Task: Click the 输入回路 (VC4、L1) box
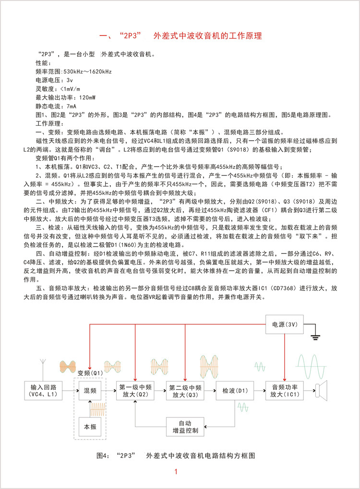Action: point(44,391)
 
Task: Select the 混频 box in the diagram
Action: point(90,391)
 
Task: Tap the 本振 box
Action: point(90,426)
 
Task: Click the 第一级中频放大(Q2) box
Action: point(135,391)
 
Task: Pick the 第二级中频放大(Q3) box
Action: point(185,391)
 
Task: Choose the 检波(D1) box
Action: point(235,391)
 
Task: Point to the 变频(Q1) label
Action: point(90,372)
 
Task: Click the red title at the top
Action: point(180,36)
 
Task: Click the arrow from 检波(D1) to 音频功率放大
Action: point(259,391)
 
